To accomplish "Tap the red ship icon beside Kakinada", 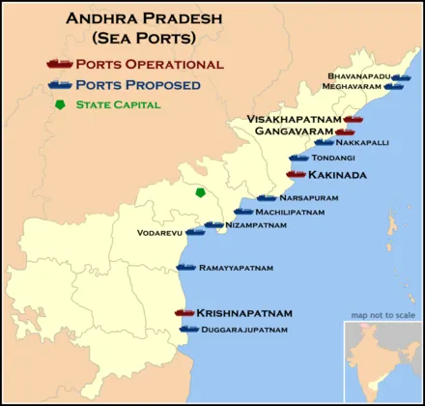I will [296, 175].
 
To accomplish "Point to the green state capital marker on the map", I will [201, 192].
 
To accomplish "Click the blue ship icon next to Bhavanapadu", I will [401, 76].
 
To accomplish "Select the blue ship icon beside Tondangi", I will [299, 158].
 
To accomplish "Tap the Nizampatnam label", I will [255, 225].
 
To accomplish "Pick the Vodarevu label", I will [159, 233].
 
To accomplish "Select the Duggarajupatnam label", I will [245, 330].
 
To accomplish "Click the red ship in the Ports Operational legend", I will [60, 64].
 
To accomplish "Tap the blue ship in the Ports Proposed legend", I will [60, 84].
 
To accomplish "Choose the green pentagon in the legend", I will [62, 103].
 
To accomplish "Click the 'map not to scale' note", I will [382, 315].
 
